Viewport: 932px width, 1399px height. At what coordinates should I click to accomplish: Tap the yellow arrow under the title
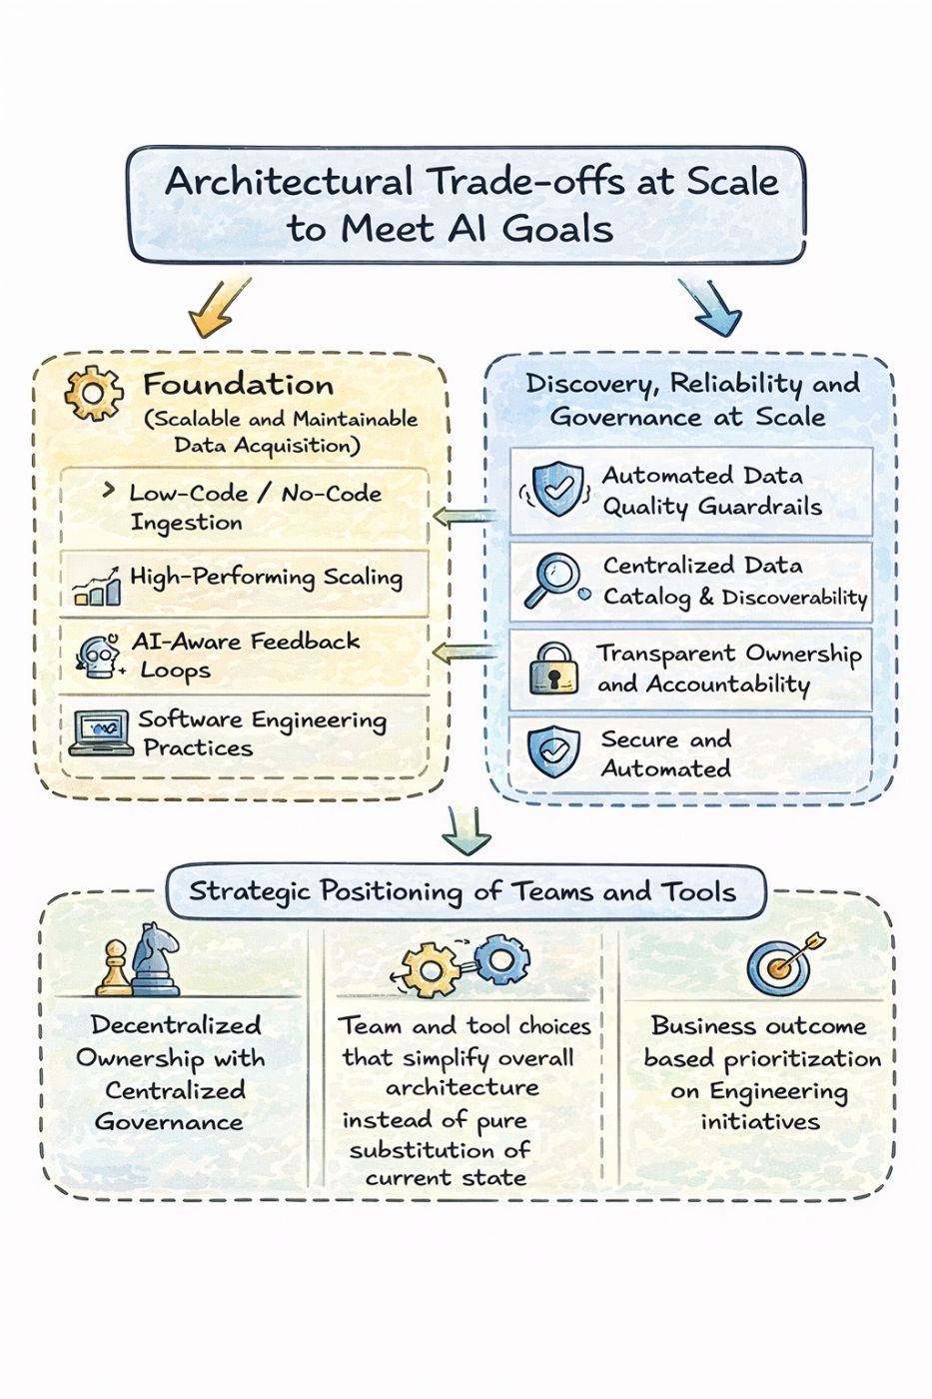point(219,306)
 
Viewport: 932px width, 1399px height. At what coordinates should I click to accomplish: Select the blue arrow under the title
point(710,306)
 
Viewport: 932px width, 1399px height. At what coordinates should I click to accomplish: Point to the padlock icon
point(552,669)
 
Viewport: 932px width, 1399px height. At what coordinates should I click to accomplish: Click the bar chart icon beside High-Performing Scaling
point(98,588)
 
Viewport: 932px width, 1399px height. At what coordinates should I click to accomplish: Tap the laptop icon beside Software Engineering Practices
point(101,732)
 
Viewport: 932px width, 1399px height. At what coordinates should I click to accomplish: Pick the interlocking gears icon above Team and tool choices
point(465,963)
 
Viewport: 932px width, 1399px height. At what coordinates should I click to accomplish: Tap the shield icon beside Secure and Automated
point(552,752)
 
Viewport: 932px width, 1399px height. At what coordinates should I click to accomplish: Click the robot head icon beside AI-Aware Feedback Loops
point(97,657)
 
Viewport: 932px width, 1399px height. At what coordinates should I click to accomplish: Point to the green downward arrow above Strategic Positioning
point(466,828)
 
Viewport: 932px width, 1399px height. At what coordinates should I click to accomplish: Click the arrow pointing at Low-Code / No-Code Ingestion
point(466,517)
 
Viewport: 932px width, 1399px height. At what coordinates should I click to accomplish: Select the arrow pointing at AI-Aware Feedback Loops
point(466,654)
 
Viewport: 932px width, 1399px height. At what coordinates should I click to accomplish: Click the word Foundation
point(238,385)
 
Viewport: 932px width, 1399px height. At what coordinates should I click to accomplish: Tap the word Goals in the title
point(557,229)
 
